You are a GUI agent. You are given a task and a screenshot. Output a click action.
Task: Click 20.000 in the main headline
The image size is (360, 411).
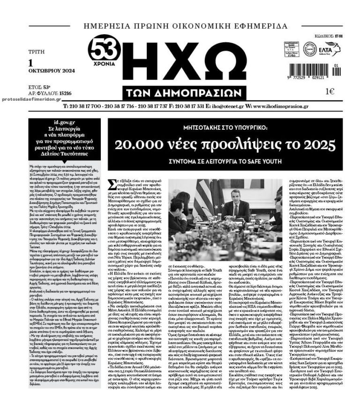click(x=140, y=144)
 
